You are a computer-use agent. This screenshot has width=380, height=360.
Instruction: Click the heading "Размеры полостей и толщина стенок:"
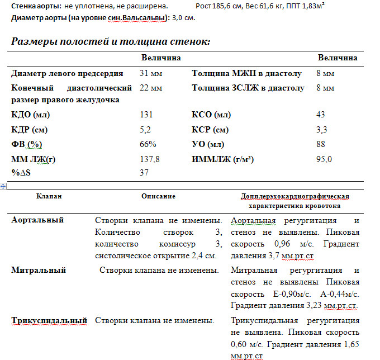tap(111, 41)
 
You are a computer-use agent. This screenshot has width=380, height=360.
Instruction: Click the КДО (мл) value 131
tap(146, 115)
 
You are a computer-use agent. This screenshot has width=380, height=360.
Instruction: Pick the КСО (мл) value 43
tap(320, 115)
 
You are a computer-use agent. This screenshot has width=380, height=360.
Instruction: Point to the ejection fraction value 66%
tap(148, 144)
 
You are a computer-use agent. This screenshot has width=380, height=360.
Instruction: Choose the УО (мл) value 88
tap(320, 144)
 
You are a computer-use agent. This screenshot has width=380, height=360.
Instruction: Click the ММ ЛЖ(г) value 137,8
tap(149, 159)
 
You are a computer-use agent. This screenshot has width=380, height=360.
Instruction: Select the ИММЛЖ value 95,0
tap(324, 159)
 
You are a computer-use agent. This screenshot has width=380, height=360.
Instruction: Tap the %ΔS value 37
tap(144, 173)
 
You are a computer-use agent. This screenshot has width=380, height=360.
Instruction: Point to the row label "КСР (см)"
tap(210, 130)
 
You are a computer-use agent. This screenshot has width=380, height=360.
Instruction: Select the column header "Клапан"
tap(49, 196)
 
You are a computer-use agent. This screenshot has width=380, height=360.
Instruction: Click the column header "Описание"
tap(158, 196)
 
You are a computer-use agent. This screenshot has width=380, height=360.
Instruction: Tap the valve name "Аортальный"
tap(37, 220)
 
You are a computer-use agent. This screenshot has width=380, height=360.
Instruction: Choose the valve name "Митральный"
tap(39, 270)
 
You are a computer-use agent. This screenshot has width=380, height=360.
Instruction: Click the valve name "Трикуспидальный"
tap(49, 320)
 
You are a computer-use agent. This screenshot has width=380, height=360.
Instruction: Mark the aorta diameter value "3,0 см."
tap(183, 17)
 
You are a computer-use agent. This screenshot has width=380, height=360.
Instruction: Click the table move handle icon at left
tap(4, 187)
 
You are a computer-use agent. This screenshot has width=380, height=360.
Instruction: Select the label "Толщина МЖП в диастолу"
tap(246, 73)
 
